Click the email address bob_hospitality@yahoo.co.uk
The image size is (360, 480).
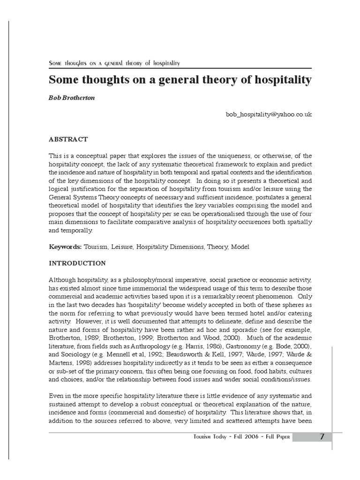pos(269,114)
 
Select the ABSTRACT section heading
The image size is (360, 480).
pos(68,139)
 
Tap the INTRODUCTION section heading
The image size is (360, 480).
pos(77,263)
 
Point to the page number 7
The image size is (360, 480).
pos(322,437)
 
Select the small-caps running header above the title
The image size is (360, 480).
pos(115,63)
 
